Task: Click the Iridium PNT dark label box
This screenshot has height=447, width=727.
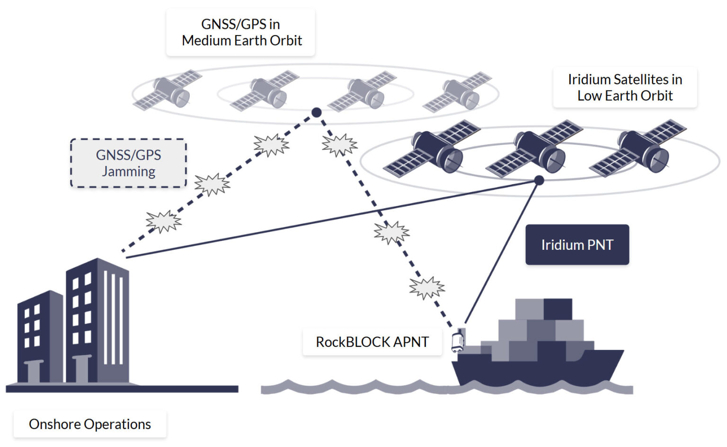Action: (577, 245)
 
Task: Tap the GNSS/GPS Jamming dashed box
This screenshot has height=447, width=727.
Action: (128, 163)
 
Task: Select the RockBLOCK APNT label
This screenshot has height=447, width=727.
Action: (372, 342)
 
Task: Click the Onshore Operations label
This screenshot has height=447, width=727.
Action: (90, 424)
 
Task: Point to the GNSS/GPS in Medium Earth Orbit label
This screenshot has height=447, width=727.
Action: (241, 32)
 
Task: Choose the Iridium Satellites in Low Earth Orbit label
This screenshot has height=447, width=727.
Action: (625, 87)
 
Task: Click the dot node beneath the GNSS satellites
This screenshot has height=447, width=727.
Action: (317, 112)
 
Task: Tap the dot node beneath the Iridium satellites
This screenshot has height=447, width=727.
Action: (539, 180)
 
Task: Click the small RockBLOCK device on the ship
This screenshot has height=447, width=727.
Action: (457, 342)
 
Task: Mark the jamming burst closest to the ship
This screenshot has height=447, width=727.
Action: (427, 288)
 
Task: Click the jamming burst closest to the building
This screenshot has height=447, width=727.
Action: (163, 221)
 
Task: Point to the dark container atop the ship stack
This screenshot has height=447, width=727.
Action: (558, 309)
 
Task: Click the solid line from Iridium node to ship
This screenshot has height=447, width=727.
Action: (502, 251)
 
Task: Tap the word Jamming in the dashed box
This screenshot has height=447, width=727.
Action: (128, 171)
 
